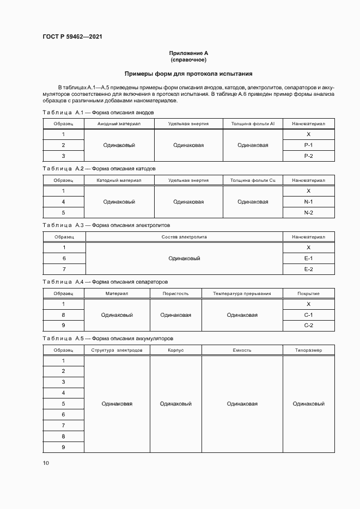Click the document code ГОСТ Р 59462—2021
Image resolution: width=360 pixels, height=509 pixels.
(x=72, y=37)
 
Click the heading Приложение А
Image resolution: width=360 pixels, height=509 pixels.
(x=188, y=53)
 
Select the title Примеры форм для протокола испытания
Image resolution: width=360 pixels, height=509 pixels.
(x=188, y=73)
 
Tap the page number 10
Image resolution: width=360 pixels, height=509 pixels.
(x=46, y=463)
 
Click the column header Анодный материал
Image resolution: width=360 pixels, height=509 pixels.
(x=119, y=124)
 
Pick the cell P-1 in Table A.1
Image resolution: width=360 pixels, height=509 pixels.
(x=308, y=145)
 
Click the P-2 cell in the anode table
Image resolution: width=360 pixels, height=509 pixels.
(x=308, y=156)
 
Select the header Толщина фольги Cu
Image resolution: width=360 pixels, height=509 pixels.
(x=253, y=180)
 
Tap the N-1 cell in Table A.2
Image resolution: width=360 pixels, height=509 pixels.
(x=308, y=201)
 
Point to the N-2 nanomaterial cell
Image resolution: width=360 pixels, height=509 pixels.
(x=308, y=212)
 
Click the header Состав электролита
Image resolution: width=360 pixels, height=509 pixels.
(x=184, y=237)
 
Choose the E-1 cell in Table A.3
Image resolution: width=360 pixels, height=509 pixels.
(x=308, y=258)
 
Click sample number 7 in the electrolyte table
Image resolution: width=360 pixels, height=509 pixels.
(x=64, y=269)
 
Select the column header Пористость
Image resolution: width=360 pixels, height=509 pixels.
(x=176, y=293)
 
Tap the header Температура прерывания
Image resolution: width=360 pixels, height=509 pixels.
(x=242, y=293)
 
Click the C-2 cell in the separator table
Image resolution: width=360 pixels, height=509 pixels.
(x=308, y=326)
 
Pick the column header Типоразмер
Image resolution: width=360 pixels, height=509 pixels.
(x=308, y=350)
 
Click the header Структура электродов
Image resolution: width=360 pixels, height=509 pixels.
(x=117, y=350)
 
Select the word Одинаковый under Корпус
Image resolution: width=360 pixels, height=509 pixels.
(x=176, y=404)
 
